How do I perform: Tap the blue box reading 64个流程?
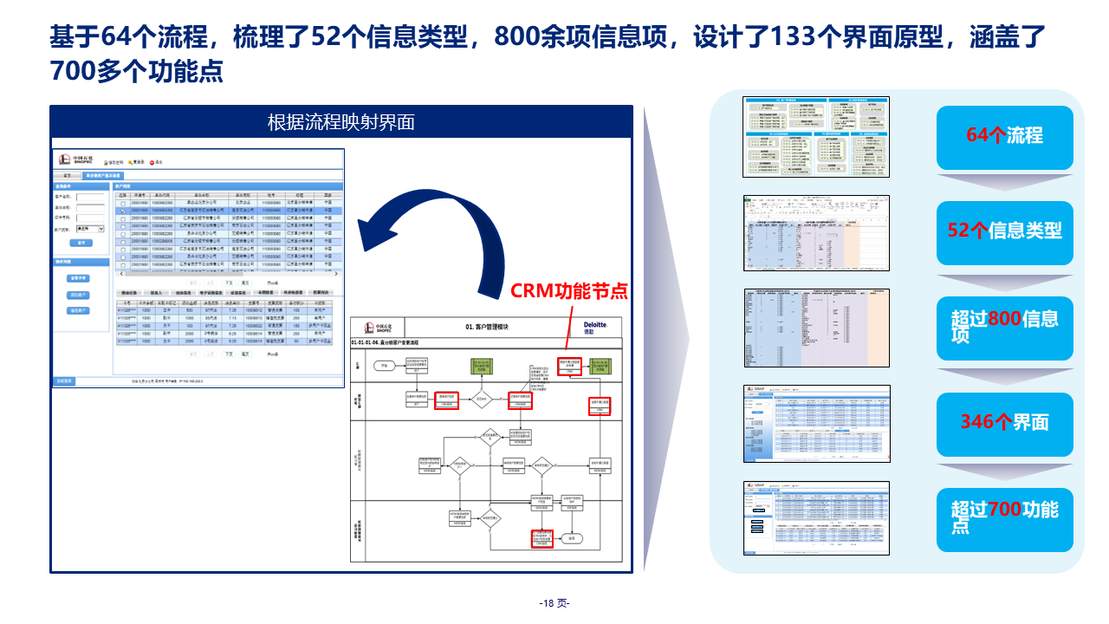click(x=1004, y=136)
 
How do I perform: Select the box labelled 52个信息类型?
click(x=1004, y=231)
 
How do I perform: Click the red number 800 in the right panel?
click(x=1005, y=319)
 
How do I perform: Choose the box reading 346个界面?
click(x=1004, y=422)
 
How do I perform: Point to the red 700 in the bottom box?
click(x=1005, y=510)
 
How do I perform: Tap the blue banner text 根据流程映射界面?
click(x=341, y=122)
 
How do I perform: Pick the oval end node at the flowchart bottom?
click(x=571, y=538)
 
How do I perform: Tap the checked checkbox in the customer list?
click(x=123, y=211)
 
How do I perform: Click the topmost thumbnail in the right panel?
click(x=816, y=137)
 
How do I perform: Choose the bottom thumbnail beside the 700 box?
click(x=816, y=517)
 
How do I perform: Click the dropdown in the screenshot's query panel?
click(x=90, y=229)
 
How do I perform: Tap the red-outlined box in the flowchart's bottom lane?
click(x=542, y=538)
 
